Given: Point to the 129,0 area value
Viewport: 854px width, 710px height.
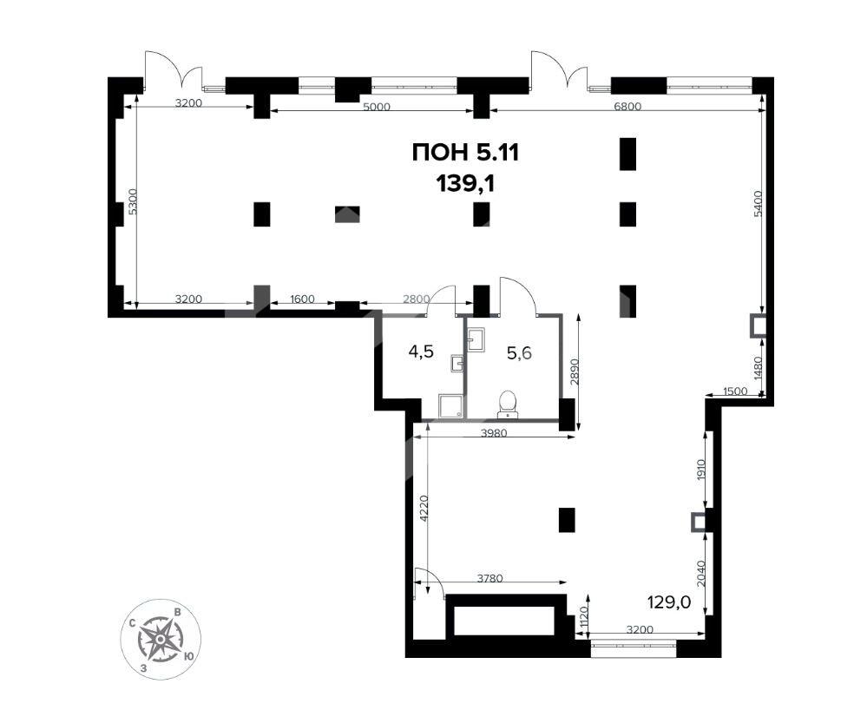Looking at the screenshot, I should [x=669, y=602].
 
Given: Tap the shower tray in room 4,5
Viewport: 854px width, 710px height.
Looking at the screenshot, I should [x=450, y=406].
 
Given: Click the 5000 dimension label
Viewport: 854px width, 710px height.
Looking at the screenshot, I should [x=377, y=107].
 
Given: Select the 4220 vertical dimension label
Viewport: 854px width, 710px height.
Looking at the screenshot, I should [x=423, y=508].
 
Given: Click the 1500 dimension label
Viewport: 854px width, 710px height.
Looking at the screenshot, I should [x=735, y=391].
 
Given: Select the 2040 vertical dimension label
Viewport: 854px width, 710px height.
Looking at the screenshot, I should [x=702, y=573].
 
